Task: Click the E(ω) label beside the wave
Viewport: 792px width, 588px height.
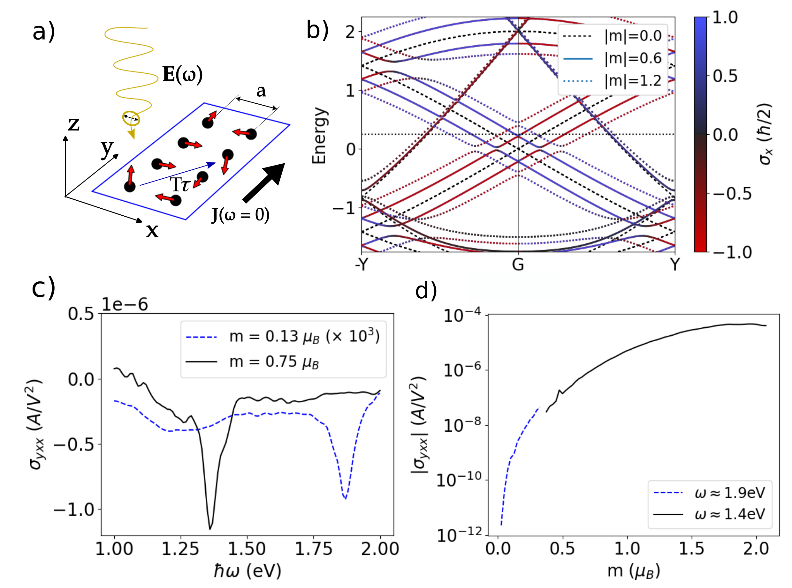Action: [x=182, y=74]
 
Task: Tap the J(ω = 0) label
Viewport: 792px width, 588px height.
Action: [x=240, y=214]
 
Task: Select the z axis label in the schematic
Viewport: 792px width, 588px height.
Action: [x=74, y=124]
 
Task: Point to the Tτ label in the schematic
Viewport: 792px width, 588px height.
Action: [x=180, y=184]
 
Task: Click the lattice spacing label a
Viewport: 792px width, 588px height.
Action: [x=261, y=91]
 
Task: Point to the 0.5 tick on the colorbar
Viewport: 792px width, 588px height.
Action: [x=725, y=76]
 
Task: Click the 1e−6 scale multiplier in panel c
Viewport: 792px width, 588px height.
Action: [x=125, y=305]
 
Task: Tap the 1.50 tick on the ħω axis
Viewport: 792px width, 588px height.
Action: [x=247, y=549]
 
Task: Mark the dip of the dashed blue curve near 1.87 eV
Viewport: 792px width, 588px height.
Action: [x=345, y=499]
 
